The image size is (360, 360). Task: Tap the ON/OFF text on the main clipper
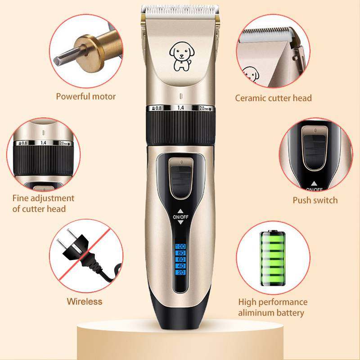[x=181, y=216]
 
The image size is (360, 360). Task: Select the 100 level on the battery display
[x=181, y=247]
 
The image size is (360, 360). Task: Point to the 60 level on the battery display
[x=181, y=260]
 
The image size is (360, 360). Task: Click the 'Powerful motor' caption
[x=85, y=96]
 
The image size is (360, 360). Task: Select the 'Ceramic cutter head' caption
[x=273, y=98]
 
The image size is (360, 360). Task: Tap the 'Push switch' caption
[x=315, y=200]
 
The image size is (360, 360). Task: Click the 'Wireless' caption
[x=85, y=301]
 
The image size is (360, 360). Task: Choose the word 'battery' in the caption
[x=289, y=313]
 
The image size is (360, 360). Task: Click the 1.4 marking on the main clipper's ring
[x=181, y=108]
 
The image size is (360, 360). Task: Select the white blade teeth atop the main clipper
[x=180, y=9]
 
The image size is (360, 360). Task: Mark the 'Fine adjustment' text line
[x=44, y=198]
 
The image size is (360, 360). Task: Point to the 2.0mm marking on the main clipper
[x=203, y=108]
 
